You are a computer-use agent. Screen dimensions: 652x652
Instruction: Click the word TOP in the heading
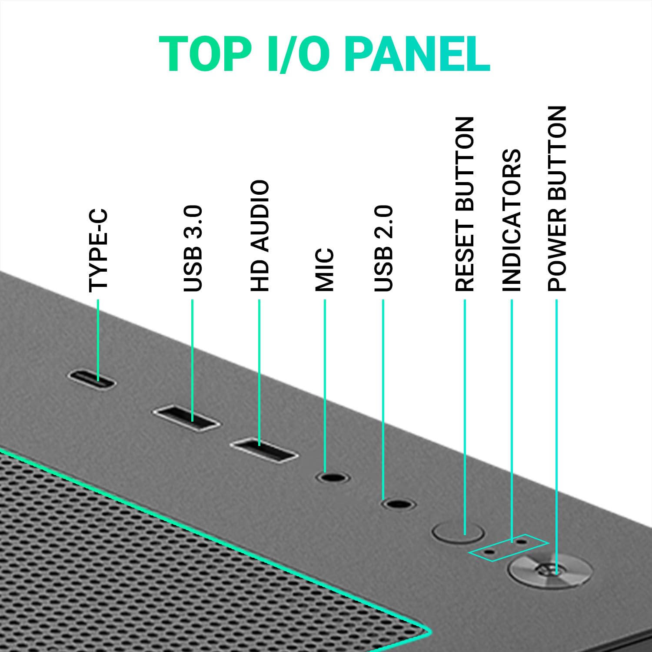[204, 54]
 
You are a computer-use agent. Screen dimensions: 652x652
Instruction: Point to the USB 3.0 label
[193, 248]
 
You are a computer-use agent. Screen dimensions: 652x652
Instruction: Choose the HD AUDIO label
[260, 236]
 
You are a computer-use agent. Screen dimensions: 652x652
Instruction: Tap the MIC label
[325, 269]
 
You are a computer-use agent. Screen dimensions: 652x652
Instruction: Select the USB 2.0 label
[383, 248]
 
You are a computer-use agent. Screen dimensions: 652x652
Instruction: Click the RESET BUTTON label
[465, 204]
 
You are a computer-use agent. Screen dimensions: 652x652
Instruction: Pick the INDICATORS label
[512, 220]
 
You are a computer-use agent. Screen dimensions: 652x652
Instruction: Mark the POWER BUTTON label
[557, 198]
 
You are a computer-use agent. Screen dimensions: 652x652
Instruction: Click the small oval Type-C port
[92, 379]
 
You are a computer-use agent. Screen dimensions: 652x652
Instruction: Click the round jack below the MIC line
[333, 477]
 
